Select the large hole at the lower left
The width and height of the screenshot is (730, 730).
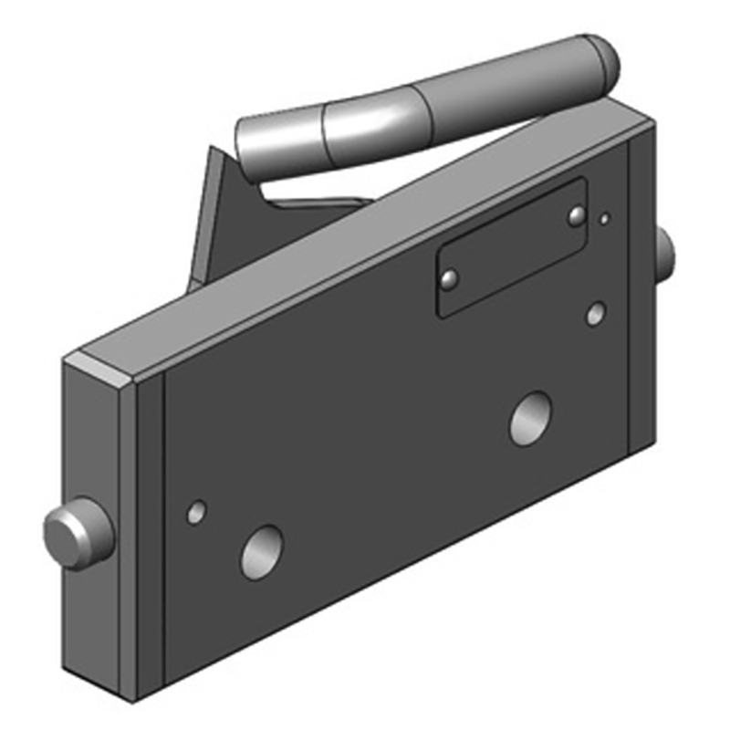(x=262, y=552)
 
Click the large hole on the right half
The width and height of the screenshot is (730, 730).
(x=530, y=418)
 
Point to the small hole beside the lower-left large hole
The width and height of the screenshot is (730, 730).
(x=196, y=512)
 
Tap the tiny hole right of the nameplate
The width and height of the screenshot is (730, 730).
(x=604, y=219)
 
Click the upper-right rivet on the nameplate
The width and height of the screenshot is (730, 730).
(x=576, y=216)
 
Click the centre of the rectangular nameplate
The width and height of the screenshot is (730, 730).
(x=511, y=248)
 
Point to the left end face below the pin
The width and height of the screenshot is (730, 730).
(x=96, y=620)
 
